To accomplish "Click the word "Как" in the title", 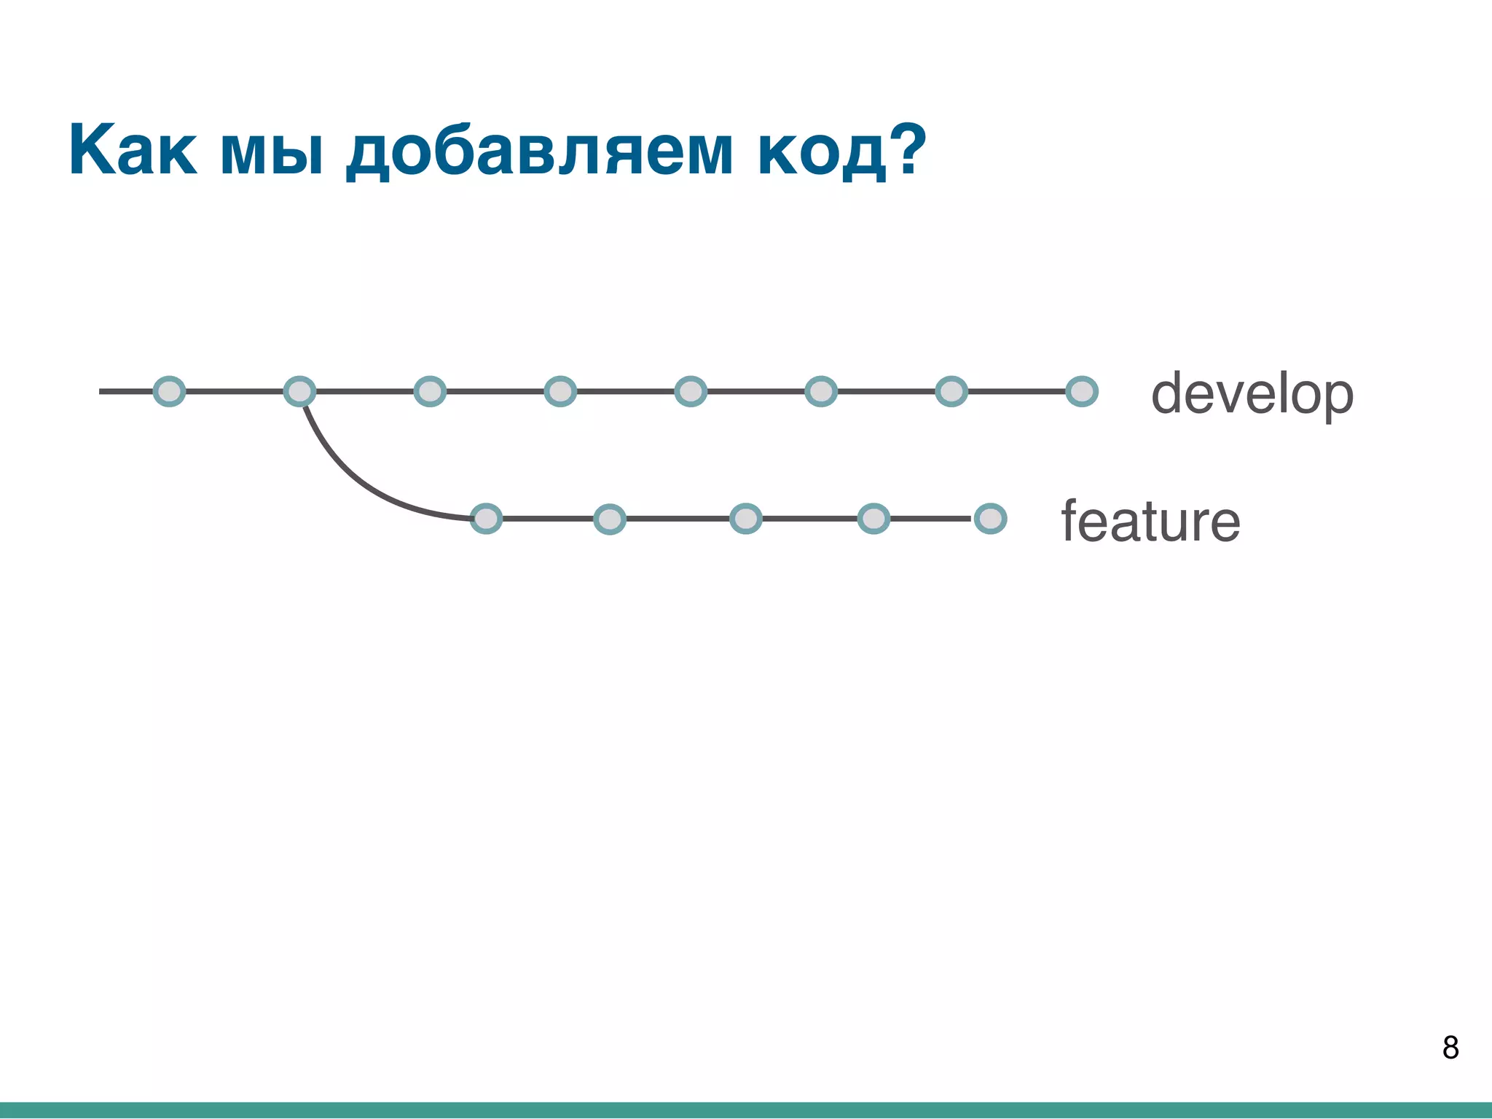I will pos(133,151).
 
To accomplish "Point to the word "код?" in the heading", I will pos(842,151).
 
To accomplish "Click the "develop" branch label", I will pos(1252,394).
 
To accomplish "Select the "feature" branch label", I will pos(1150,522).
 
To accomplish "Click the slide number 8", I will pos(1450,1048).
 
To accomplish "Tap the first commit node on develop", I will pos(169,391).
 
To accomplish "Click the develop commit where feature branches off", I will pos(299,391).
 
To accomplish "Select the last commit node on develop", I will pos(1081,391).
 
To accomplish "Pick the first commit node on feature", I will pos(486,519).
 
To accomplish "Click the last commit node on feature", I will pos(990,519).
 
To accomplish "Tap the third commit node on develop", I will pos(430,391).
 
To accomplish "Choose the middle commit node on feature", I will pos(745,519).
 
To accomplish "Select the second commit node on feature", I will pos(610,519).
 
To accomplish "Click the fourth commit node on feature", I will pos(873,519).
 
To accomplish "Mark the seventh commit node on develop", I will pos(951,391).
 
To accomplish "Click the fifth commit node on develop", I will pos(691,391).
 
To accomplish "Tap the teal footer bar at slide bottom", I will pos(746,1110).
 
